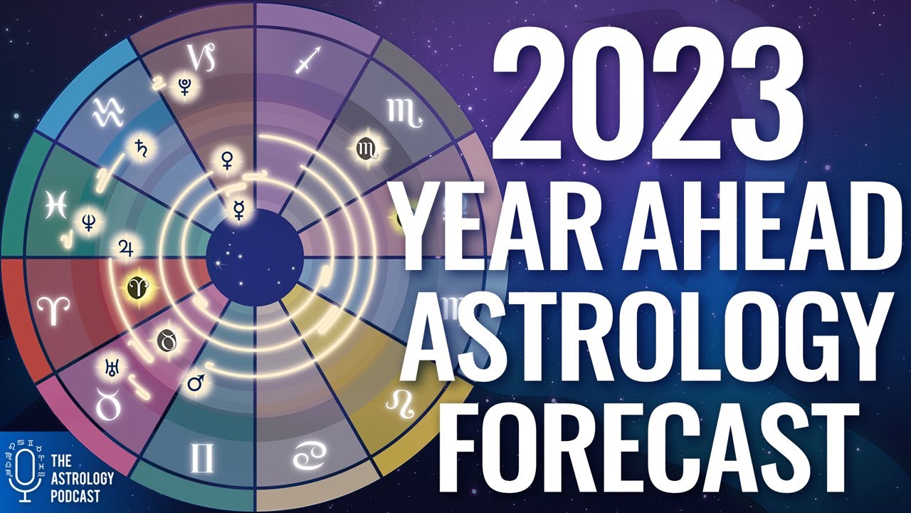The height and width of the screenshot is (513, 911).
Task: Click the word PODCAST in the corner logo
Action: [x=75, y=494]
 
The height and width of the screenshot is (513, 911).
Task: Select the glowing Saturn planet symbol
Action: [x=136, y=147]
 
